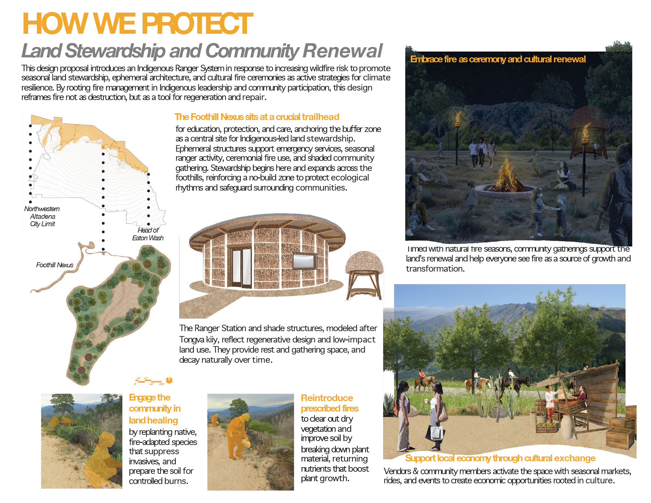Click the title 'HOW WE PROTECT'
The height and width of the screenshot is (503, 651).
coord(137,24)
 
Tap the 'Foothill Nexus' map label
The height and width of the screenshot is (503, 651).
coord(55,265)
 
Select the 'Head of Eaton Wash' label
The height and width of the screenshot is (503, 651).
coord(148,234)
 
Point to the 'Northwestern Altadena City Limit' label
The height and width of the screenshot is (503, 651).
coord(42,216)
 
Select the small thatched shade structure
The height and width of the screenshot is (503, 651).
coord(364,275)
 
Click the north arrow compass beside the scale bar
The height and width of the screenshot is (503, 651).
coord(169,380)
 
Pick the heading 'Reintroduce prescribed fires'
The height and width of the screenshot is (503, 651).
coord(329,403)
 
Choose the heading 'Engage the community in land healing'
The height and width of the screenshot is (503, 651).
coord(155,409)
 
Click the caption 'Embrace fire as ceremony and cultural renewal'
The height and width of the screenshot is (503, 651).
coord(498,59)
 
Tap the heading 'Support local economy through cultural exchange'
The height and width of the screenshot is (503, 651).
coord(500,458)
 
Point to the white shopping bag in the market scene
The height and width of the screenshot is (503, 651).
coord(436,432)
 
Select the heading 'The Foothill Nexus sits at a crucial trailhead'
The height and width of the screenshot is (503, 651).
coord(257,117)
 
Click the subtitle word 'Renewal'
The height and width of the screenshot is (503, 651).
coord(343,51)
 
